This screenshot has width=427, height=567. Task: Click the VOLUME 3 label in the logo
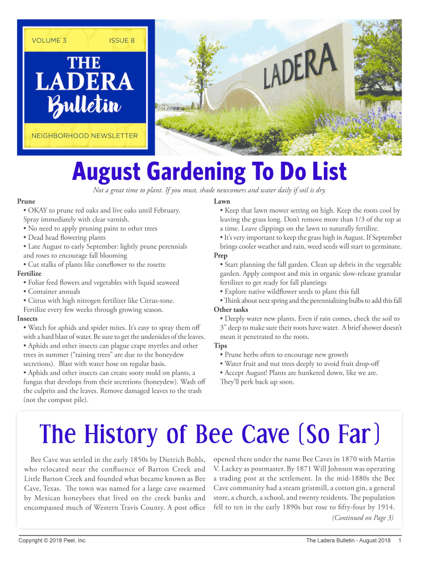coord(49,40)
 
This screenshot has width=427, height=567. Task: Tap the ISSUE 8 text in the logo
coord(122,40)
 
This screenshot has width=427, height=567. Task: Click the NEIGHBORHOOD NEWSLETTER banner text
coord(85,136)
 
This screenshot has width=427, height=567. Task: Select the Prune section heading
coord(26,202)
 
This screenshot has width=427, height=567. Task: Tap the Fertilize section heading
coord(29,274)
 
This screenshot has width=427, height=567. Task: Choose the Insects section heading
coord(28,319)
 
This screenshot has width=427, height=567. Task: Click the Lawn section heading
coord(222,202)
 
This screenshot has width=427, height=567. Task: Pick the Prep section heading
coord(220,255)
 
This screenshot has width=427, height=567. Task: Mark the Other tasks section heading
coord(231,310)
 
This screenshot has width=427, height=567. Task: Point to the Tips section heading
coord(220,346)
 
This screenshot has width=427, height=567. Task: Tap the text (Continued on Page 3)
coord(363,518)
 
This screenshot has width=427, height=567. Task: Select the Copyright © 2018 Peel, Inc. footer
coord(52,540)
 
